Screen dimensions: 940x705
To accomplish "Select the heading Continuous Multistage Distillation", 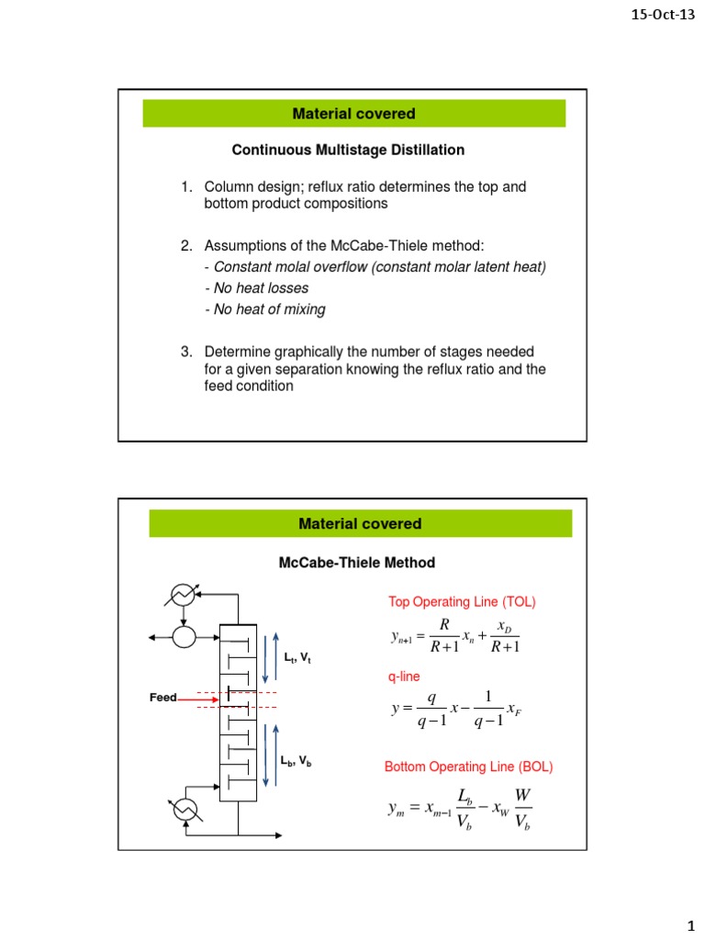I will pyautogui.click(x=348, y=149).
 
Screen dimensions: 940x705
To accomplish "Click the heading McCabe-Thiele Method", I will pyautogui.click(x=357, y=562).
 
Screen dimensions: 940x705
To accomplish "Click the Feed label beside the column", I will pyautogui.click(x=162, y=699).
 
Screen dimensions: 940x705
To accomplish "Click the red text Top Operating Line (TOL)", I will pyautogui.click(x=462, y=602).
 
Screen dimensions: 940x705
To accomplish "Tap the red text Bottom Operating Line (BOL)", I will pyautogui.click(x=468, y=767).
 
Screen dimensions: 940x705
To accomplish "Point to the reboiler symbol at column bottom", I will pyautogui.click(x=186, y=807).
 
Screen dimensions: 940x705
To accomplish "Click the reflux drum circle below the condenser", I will pyautogui.click(x=187, y=634).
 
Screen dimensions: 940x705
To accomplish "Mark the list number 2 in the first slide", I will pyautogui.click(x=186, y=245).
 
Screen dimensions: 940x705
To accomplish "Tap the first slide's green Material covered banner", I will pyautogui.click(x=353, y=114).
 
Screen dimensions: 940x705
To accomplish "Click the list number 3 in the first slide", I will pyautogui.click(x=186, y=352).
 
